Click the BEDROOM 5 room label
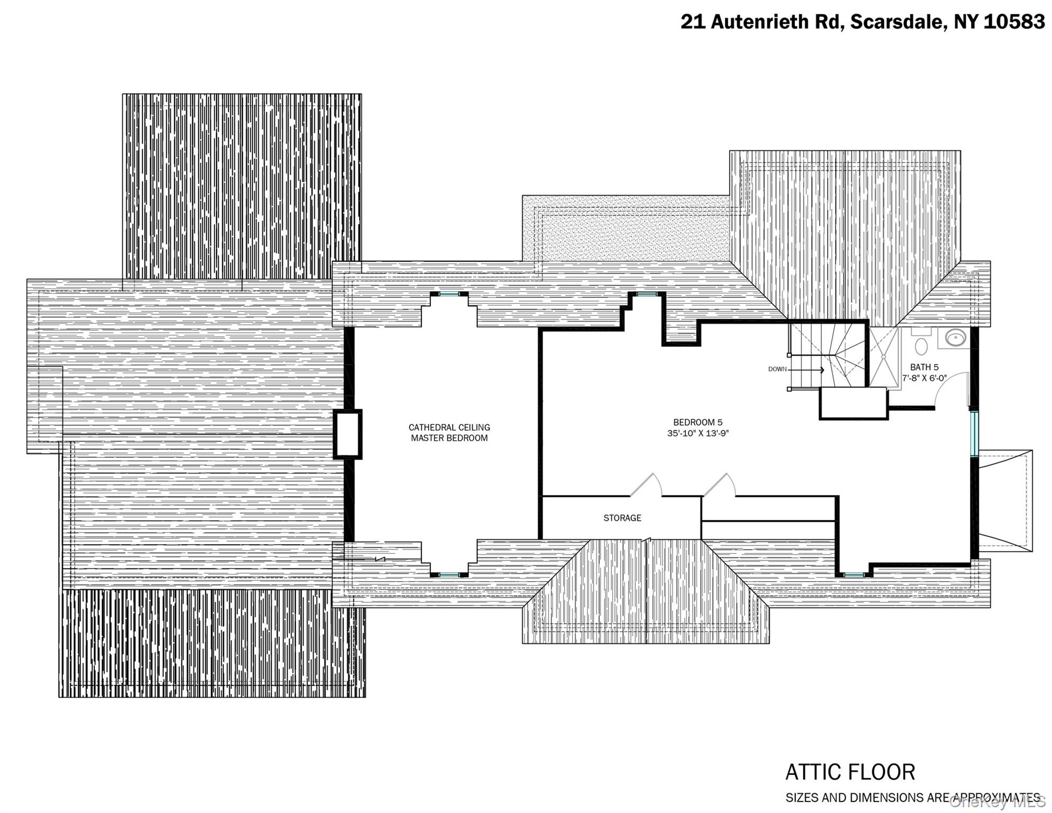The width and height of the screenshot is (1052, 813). click(x=697, y=422)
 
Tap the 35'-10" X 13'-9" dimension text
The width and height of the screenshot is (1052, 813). click(x=697, y=433)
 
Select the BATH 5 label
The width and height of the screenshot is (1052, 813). click(x=924, y=367)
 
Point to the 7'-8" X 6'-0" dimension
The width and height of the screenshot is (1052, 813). click(x=924, y=378)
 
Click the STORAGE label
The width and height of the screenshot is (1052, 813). click(x=622, y=518)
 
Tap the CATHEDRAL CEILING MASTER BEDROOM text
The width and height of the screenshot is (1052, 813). click(x=449, y=432)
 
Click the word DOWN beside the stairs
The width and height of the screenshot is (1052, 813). click(x=777, y=369)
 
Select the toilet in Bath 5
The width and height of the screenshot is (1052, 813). click(x=921, y=344)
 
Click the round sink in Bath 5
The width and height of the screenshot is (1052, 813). click(x=956, y=338)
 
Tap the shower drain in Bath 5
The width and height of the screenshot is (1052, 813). click(x=883, y=357)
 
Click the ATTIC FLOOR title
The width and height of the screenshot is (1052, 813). click(x=850, y=772)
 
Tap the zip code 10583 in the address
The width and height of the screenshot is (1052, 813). click(x=1014, y=22)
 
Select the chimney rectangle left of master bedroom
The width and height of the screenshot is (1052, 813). click(x=348, y=434)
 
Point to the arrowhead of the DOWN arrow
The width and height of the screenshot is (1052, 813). click(x=822, y=369)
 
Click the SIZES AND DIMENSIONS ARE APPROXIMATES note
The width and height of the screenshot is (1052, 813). click(x=912, y=798)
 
